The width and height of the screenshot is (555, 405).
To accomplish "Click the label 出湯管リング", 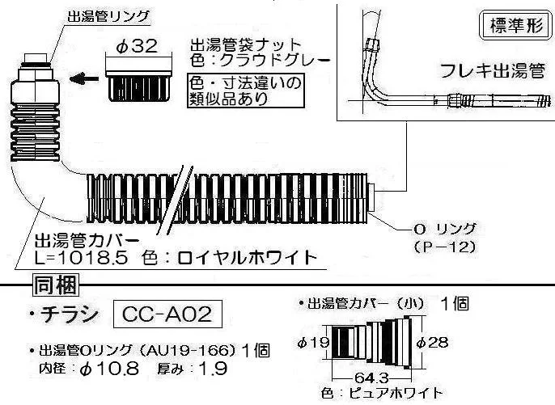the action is pyautogui.click(x=108, y=17).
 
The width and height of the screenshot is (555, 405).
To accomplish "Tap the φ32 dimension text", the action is pyautogui.click(x=137, y=46).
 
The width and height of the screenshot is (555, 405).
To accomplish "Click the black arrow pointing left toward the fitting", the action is pyautogui.click(x=84, y=78).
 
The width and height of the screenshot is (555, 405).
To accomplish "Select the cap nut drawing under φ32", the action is pyautogui.click(x=138, y=86).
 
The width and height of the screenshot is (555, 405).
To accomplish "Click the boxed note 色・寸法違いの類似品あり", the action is pyautogui.click(x=246, y=91).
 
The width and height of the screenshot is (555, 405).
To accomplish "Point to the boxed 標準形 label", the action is pyautogui.click(x=516, y=26).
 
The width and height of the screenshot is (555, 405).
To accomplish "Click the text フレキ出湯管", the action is pyautogui.click(x=493, y=71).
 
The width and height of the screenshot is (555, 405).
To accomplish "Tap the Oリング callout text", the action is pyautogui.click(x=445, y=230).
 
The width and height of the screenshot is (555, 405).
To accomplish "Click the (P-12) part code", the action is pyautogui.click(x=445, y=247).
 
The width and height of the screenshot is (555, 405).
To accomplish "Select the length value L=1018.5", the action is pyautogui.click(x=81, y=258).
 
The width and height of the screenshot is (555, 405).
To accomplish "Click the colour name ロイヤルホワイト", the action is pyautogui.click(x=246, y=258).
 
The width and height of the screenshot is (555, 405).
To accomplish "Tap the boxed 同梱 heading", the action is pyautogui.click(x=56, y=285).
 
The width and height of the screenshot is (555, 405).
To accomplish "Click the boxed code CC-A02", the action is pyautogui.click(x=167, y=314).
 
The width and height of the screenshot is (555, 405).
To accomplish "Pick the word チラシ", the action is pyautogui.click(x=69, y=314).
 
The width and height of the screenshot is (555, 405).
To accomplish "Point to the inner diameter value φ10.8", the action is pyautogui.click(x=109, y=369).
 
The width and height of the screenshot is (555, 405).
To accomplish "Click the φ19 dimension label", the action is pyautogui.click(x=314, y=343).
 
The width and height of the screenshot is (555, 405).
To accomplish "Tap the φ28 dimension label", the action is pyautogui.click(x=432, y=343).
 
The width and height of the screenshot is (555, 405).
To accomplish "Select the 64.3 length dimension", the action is pyautogui.click(x=371, y=378).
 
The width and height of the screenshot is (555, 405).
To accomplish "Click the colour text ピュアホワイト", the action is pyautogui.click(x=396, y=393).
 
